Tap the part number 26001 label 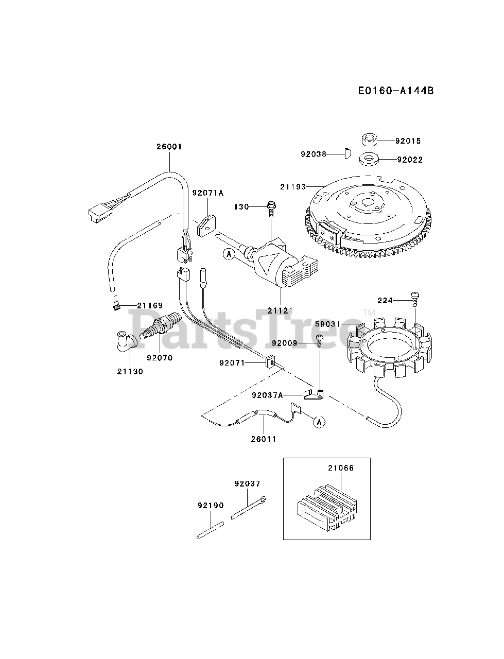[169, 147]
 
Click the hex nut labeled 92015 [369, 140]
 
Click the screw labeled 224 [415, 297]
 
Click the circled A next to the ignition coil [229, 253]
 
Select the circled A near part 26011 [319, 422]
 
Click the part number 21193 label [293, 186]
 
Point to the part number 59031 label [328, 324]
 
